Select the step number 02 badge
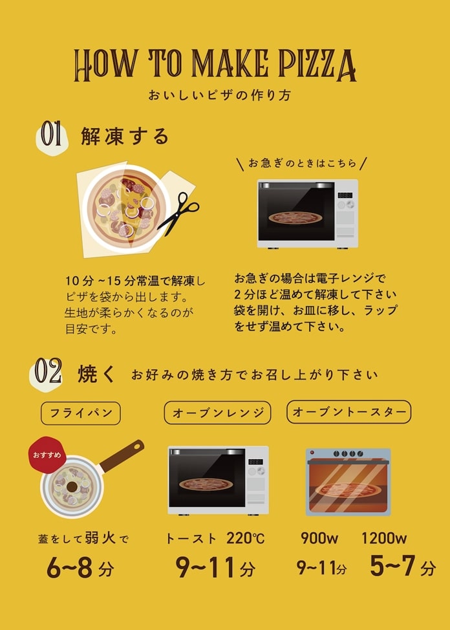tap(47, 373)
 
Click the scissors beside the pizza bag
tap(179, 213)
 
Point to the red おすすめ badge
tap(47, 455)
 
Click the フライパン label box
tap(81, 413)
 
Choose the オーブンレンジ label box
tap(217, 413)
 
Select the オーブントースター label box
tap(348, 412)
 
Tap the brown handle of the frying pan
tap(122, 455)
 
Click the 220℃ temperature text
tap(246, 538)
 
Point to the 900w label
tap(319, 538)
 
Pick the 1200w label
tap(383, 538)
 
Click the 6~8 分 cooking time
tap(80, 567)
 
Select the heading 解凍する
tap(125, 136)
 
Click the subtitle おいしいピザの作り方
tap(219, 95)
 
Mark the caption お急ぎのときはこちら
tap(302, 163)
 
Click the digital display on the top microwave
tap(345, 195)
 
